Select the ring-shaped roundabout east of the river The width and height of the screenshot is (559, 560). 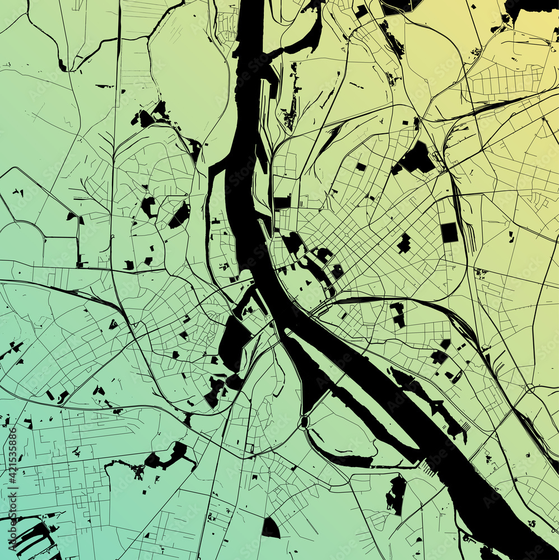tap(529, 388)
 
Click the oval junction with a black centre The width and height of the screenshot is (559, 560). tap(304, 422)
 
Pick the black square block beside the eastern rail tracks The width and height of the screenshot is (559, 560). tap(449, 232)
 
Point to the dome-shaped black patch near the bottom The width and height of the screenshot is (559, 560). tap(271, 528)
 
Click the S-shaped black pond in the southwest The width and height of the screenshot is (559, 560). tap(168, 456)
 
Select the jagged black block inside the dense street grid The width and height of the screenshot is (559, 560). tap(404, 243)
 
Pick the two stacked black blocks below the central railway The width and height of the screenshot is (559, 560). tap(398, 314)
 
